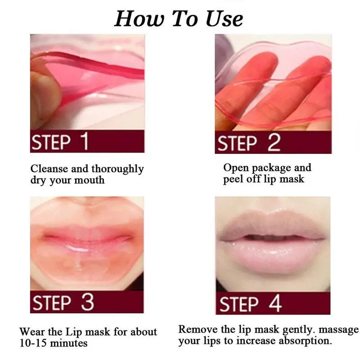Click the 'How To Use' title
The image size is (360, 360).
coord(179,18)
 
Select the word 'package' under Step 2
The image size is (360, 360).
coord(270,168)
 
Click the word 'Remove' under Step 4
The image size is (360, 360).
coord(198,329)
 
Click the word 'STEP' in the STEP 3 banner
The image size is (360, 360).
coord(53,302)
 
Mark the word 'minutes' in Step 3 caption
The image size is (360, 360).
coord(70,343)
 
